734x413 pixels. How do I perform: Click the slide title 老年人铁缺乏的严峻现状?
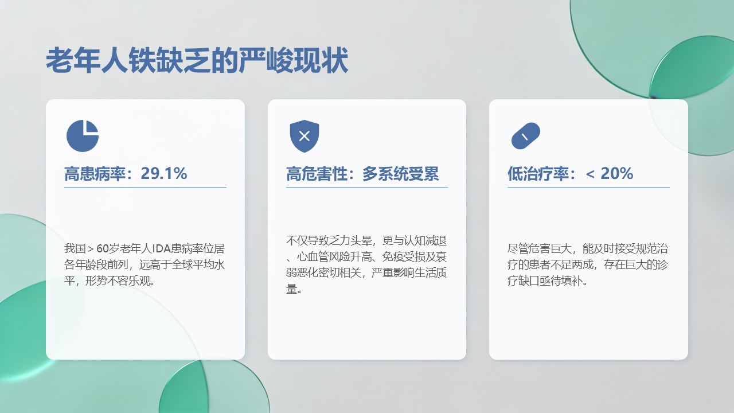[197, 60]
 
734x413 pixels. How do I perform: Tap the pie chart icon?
[83, 136]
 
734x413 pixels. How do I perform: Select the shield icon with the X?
[304, 136]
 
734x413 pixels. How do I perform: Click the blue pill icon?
[526, 136]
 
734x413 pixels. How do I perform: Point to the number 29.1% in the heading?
[164, 173]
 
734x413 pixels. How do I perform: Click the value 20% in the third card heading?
[616, 173]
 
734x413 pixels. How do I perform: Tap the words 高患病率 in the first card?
[95, 173]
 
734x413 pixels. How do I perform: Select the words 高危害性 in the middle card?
[317, 173]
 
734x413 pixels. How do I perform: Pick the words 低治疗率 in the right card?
[538, 173]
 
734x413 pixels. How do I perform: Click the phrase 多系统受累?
[400, 173]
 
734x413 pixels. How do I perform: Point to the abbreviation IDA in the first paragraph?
[162, 248]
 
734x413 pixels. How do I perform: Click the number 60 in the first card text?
[103, 248]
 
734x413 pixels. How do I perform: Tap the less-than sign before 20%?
[590, 174]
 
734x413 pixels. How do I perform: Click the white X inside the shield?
[304, 136]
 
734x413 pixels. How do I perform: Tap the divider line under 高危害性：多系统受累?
[367, 188]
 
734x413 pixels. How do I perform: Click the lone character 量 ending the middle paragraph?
[291, 289]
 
